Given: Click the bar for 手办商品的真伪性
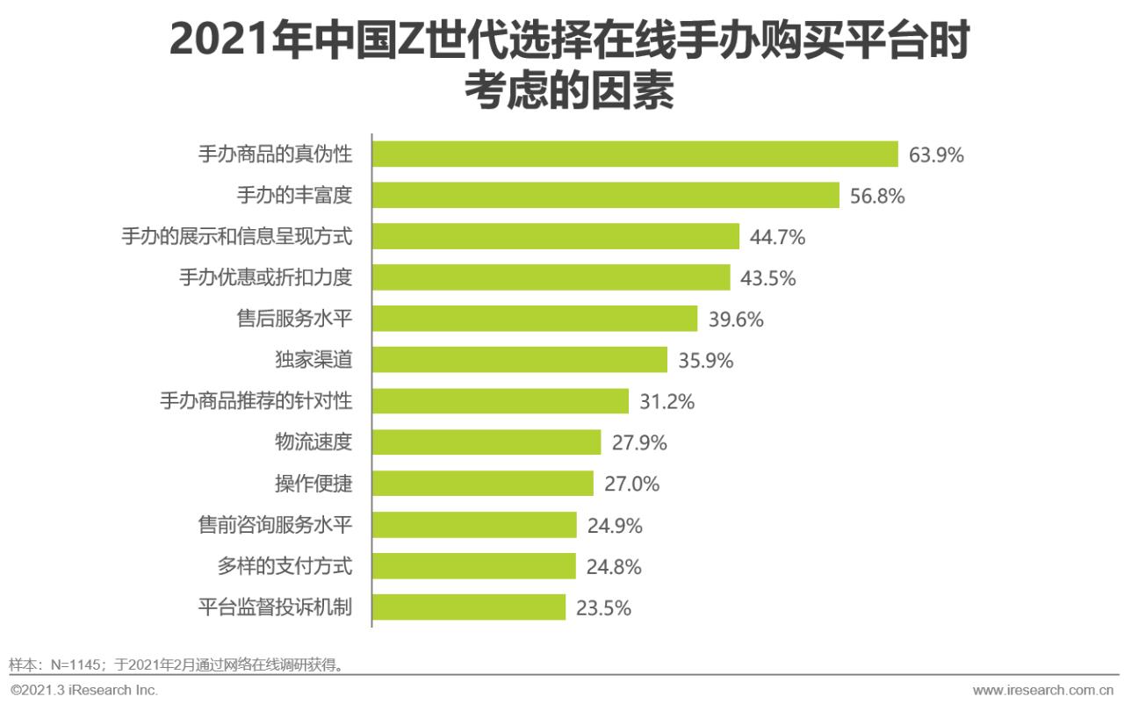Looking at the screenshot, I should tap(634, 154).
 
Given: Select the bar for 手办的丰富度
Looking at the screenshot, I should tap(605, 196).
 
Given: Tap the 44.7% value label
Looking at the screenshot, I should tap(777, 237).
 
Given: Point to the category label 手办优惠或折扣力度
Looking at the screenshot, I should tap(265, 278).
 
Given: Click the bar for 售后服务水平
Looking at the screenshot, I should tap(534, 320).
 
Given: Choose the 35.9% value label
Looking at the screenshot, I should tap(705, 361).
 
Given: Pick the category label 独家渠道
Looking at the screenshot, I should tap(313, 360).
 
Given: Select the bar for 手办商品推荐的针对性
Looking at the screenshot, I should tap(500, 401).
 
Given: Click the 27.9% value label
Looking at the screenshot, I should tap(639, 442).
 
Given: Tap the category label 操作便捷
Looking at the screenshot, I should tap(313, 484).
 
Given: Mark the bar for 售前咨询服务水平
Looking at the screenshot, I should tap(474, 525).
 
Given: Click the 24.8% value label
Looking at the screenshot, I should tap(614, 567).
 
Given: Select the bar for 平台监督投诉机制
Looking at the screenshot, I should tap(468, 607).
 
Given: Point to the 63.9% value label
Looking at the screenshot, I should tap(936, 155).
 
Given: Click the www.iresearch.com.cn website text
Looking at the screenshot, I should tap(1045, 690).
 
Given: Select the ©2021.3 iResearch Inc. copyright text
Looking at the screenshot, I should tap(84, 690).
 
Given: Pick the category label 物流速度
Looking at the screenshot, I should tap(313, 442).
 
